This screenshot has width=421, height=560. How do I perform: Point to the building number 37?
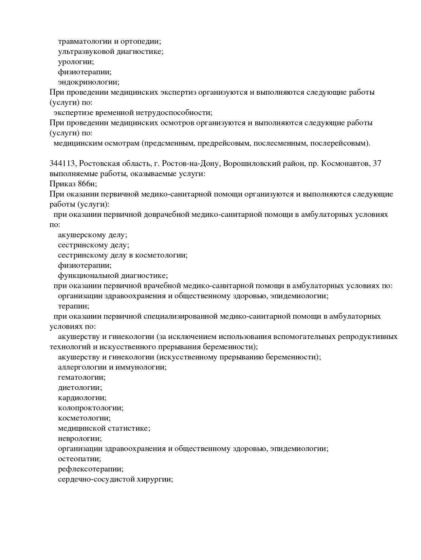(377, 164)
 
